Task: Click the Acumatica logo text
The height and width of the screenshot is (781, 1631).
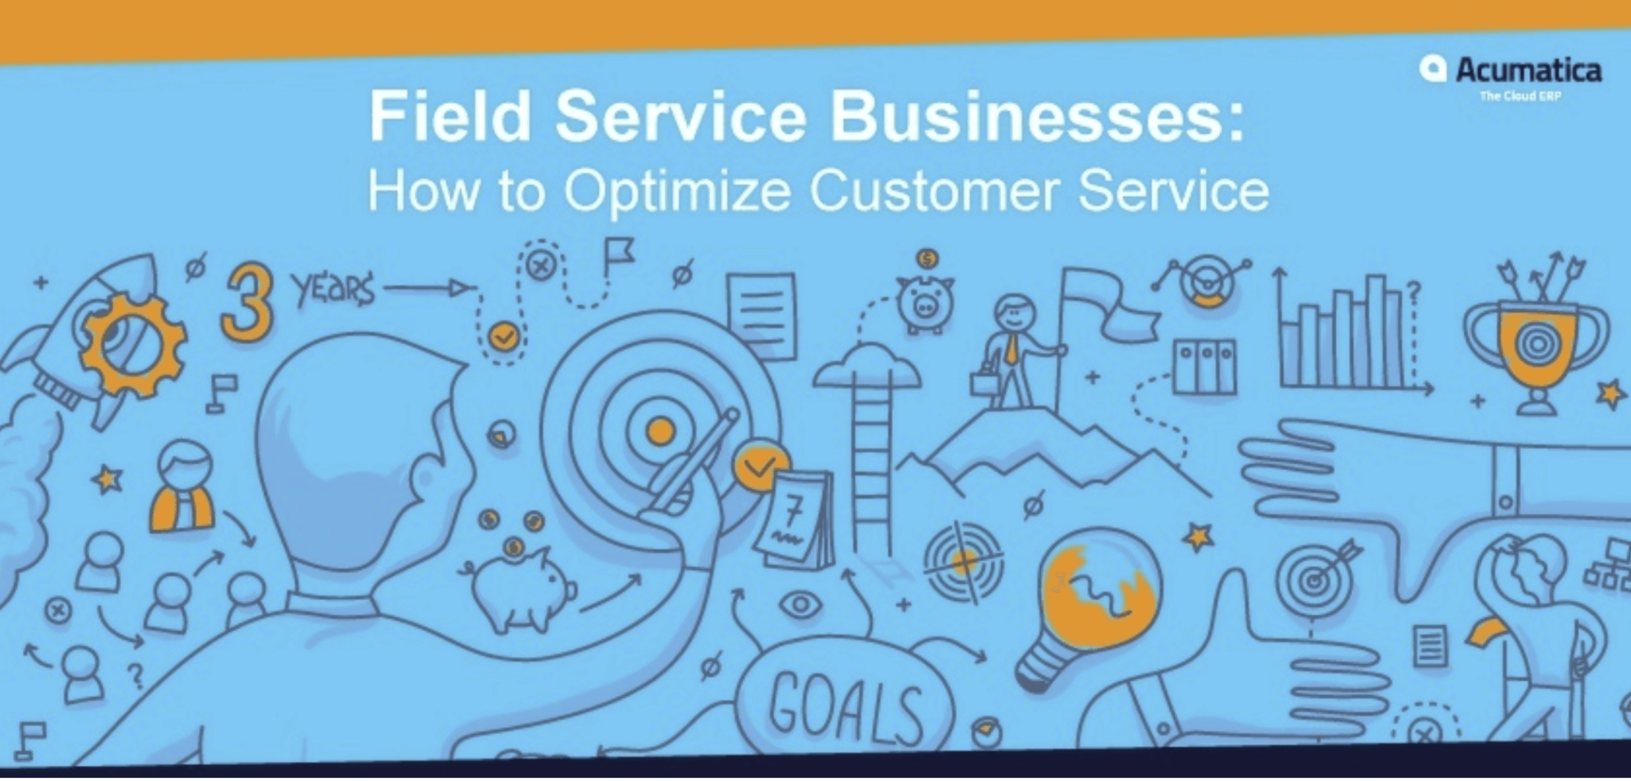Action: (x=1527, y=70)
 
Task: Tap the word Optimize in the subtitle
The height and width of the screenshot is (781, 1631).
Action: (x=677, y=192)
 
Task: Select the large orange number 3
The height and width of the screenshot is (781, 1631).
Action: (x=248, y=303)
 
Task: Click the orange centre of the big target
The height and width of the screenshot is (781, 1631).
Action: (x=659, y=432)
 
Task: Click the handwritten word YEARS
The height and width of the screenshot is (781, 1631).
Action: (x=333, y=289)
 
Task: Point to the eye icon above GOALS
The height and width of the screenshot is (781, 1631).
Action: (x=800, y=605)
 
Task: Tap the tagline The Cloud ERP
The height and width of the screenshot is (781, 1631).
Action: (x=1520, y=96)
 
